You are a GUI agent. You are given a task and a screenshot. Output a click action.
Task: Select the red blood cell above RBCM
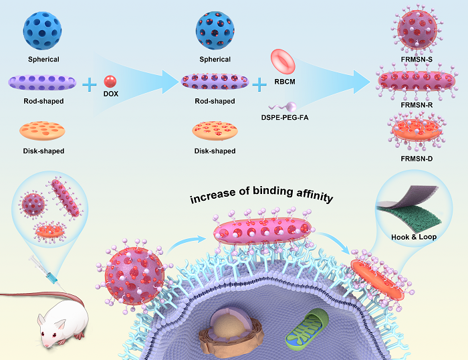pos(283,62)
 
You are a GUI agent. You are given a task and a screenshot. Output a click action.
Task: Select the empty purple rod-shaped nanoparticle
pos(43,82)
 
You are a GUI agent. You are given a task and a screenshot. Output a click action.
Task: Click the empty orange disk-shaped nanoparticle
pos(43,130)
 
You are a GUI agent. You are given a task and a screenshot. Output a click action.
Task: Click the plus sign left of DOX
pos(89,84)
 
